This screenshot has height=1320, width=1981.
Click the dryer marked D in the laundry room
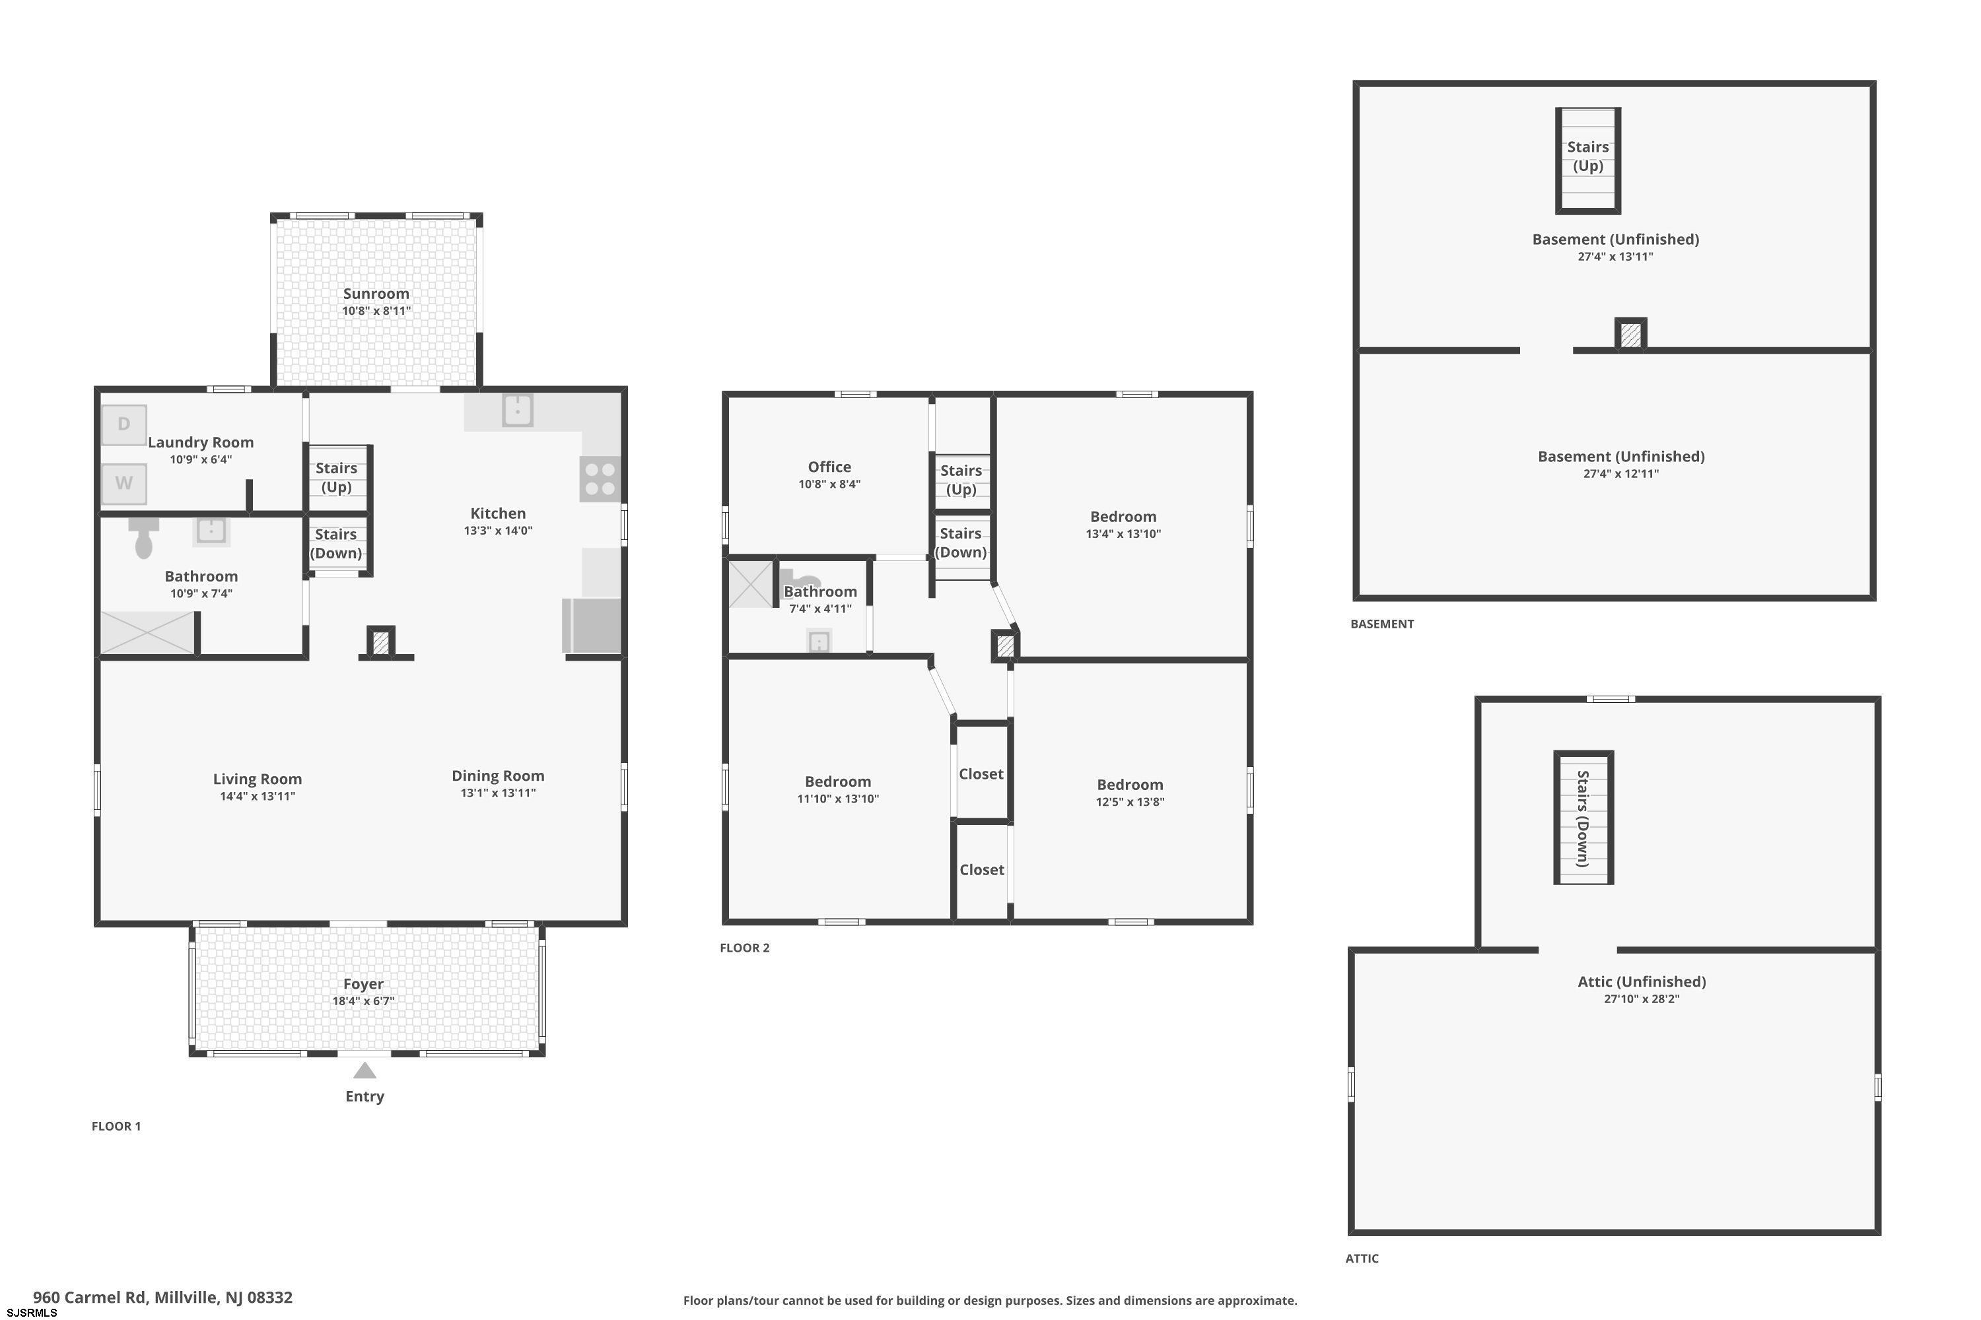tap(124, 424)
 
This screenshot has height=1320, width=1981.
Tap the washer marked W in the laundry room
tap(124, 483)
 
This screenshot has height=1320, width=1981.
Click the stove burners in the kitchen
tap(600, 479)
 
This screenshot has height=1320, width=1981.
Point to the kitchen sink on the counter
tap(517, 411)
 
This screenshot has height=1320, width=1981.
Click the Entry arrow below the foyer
tap(365, 1070)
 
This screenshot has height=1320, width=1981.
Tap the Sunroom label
tap(376, 294)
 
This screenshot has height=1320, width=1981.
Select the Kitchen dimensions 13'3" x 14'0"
tap(498, 531)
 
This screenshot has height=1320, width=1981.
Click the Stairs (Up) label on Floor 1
tap(336, 477)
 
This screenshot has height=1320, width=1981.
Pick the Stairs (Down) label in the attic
tap(1583, 818)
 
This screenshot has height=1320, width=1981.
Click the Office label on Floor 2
tap(829, 467)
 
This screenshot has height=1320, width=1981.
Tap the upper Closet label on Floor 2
tap(981, 774)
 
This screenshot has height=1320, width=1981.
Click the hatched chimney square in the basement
tap(1630, 334)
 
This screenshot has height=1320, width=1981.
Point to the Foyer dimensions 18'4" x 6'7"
tap(363, 1001)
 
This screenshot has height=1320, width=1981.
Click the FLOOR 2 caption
tap(745, 948)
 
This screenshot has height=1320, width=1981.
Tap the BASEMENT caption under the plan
tap(1382, 624)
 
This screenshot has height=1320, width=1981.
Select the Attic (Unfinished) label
tap(1642, 981)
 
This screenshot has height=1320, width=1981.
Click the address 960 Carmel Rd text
tap(89, 1298)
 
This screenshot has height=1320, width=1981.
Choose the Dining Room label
tap(498, 776)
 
